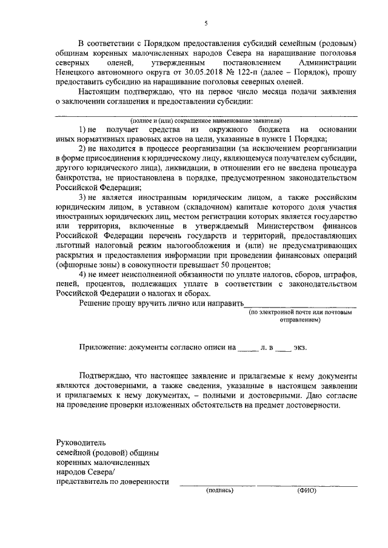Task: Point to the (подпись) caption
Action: (219, 490)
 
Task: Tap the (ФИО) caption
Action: (307, 490)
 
